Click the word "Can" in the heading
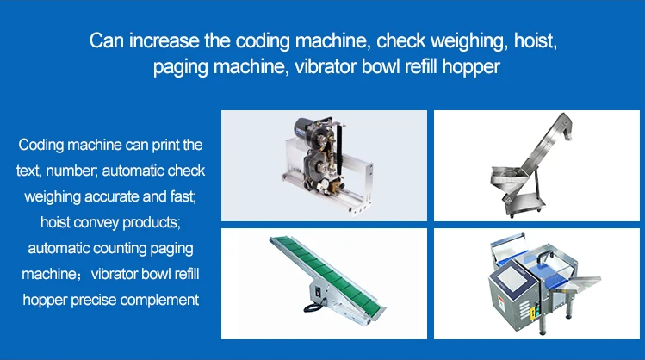point(107,40)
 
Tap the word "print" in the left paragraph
point(166,146)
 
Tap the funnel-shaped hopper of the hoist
point(506,177)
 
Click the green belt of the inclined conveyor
point(328,274)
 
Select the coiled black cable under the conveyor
point(312,307)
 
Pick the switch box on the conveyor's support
point(318,291)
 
